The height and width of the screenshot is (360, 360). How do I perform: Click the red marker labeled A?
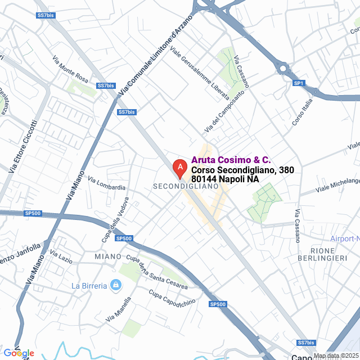coord(179,167)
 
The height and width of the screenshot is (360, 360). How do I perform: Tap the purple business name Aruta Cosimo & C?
coord(231,160)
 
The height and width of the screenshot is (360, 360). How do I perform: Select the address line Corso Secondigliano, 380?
coord(242,170)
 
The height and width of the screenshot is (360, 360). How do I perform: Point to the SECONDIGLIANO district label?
coord(185,186)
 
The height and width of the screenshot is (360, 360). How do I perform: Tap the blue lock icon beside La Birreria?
coord(115,286)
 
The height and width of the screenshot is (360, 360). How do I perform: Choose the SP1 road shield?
coord(299,83)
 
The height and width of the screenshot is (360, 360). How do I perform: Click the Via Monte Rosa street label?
coord(70,67)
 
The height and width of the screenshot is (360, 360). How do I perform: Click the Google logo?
coord(18,353)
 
